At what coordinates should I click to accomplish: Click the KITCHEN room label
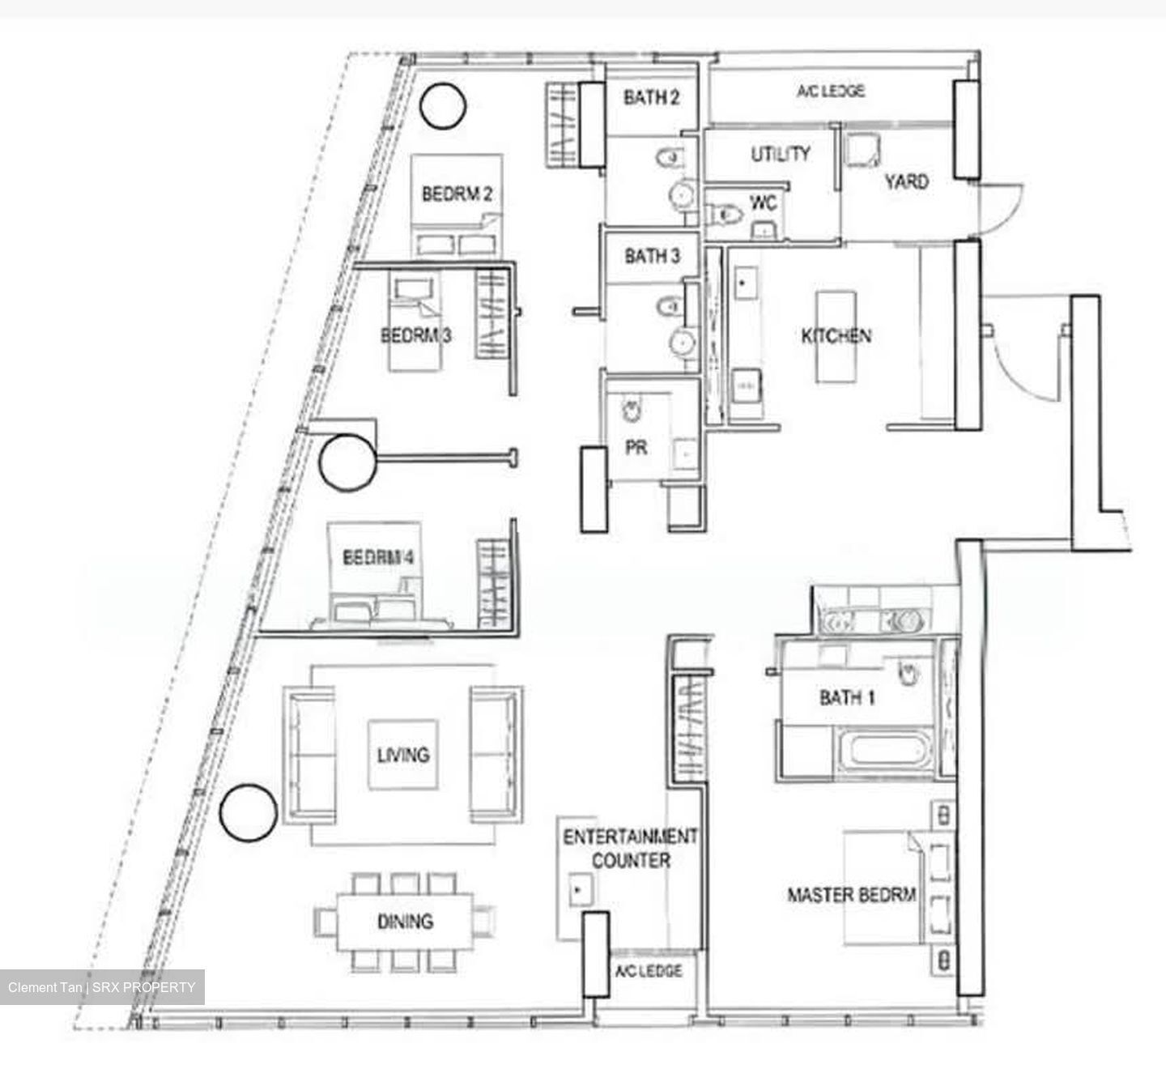[836, 336]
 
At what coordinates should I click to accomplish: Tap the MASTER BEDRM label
[851, 895]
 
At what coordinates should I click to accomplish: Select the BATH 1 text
[847, 698]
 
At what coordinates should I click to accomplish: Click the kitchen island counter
[836, 338]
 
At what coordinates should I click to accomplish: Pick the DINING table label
[405, 921]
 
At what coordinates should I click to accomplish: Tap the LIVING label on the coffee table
[403, 755]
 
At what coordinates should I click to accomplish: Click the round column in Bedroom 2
[443, 106]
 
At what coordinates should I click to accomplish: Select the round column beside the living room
[249, 813]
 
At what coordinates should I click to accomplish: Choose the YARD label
[907, 181]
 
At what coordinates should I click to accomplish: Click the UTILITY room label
[781, 154]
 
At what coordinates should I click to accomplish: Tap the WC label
[764, 203]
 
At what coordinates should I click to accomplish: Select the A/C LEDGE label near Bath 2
[831, 91]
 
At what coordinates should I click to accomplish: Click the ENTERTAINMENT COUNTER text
[630, 848]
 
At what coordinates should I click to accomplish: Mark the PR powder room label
[636, 448]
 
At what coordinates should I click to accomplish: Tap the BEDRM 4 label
[378, 557]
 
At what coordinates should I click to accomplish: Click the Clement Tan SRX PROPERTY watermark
[101, 987]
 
